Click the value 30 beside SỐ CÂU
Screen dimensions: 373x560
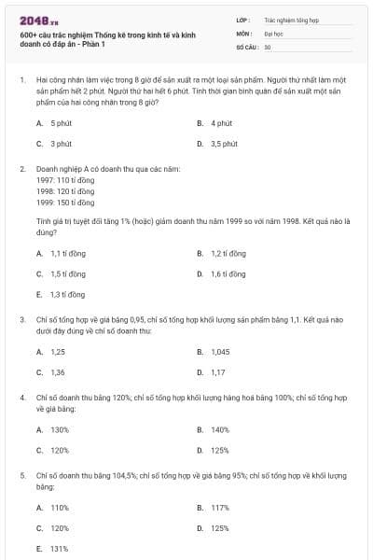tap(268, 47)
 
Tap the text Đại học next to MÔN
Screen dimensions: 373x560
tap(272, 33)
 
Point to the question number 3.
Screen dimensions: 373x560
tap(21, 319)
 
